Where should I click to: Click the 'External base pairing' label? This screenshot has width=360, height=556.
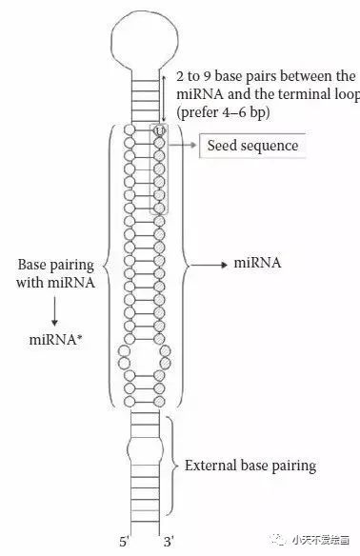pos(250,466)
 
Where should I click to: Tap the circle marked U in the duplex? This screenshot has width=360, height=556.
pos(159,129)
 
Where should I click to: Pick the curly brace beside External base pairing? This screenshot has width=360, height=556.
pos(172,465)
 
